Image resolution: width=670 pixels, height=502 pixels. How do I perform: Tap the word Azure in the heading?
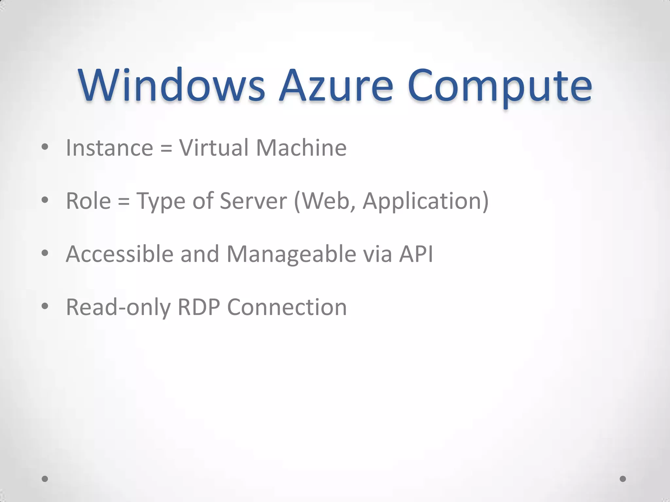pos(336,86)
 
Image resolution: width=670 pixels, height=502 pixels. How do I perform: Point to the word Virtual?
pos(214,148)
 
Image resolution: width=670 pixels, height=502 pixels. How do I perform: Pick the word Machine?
pos(301,148)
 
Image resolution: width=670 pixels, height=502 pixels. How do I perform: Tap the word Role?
pos(88,201)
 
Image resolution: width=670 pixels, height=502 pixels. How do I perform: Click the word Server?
pos(253,201)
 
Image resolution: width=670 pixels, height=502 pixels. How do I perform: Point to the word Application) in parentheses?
pos(426,201)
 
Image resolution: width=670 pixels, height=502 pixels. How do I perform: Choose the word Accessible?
pos(119,254)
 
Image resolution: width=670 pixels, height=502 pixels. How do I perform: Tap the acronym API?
pos(416,254)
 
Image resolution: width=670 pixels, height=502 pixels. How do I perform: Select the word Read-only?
pos(118,308)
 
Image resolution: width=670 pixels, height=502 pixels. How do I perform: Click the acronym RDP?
pos(199,307)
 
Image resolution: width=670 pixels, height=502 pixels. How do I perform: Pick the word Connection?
pos(287,307)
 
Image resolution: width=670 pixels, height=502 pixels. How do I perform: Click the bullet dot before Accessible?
pos(45,253)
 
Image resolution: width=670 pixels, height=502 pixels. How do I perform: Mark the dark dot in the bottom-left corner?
pos(45,479)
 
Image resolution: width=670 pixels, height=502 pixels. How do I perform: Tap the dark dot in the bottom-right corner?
pos(623,479)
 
